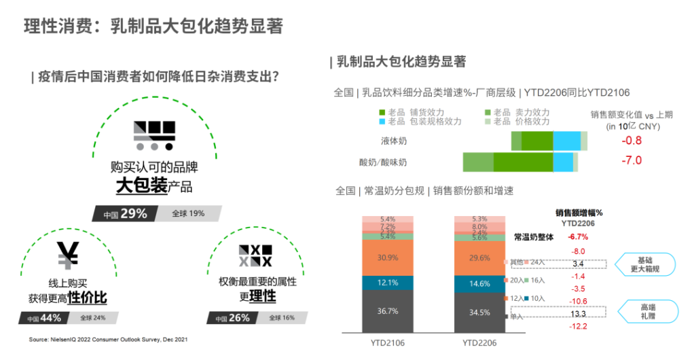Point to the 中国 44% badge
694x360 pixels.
(x=43, y=317)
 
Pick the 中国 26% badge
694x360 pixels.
(x=232, y=317)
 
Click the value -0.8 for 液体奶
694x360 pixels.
(x=632, y=141)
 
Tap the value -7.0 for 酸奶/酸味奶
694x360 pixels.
(x=632, y=161)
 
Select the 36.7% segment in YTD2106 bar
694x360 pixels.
(x=388, y=310)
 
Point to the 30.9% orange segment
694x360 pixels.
(x=388, y=257)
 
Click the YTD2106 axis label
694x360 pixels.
(x=388, y=343)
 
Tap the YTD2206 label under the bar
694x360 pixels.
(x=479, y=343)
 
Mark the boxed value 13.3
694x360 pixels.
(x=579, y=314)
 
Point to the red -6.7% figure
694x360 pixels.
(x=579, y=237)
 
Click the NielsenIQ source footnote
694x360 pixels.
(x=108, y=339)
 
